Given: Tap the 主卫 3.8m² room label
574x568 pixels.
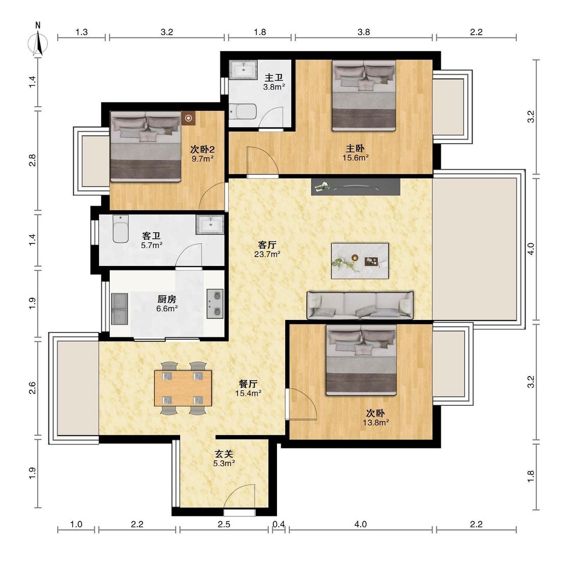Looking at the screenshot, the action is point(274,82).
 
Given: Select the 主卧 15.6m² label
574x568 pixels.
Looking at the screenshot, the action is point(355,153).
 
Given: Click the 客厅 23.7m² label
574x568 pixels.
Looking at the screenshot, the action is point(267,249).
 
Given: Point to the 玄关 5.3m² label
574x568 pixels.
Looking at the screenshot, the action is point(224,458).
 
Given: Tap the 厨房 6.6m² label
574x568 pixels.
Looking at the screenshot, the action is point(167,304).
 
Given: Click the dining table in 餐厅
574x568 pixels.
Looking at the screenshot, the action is point(183,388).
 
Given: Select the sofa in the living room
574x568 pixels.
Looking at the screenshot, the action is point(360,305).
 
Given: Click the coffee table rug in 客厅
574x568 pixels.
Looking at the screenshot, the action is point(360,261).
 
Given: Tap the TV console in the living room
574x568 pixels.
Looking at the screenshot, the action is point(356,187).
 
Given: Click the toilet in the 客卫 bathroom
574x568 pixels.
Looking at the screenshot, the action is point(120,229).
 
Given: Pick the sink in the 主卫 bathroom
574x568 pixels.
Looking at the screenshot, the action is point(243,69).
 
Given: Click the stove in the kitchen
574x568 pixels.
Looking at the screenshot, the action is point(215,304).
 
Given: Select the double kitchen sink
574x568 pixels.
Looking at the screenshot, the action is point(119,309).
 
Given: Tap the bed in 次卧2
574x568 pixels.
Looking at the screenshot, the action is point(146,146).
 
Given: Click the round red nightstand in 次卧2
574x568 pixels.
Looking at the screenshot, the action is point(188,118).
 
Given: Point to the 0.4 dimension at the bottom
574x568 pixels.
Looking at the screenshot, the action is point(279,524).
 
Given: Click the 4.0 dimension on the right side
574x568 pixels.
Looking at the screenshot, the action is point(531,249).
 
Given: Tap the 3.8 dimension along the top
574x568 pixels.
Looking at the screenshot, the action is point(363,32).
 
